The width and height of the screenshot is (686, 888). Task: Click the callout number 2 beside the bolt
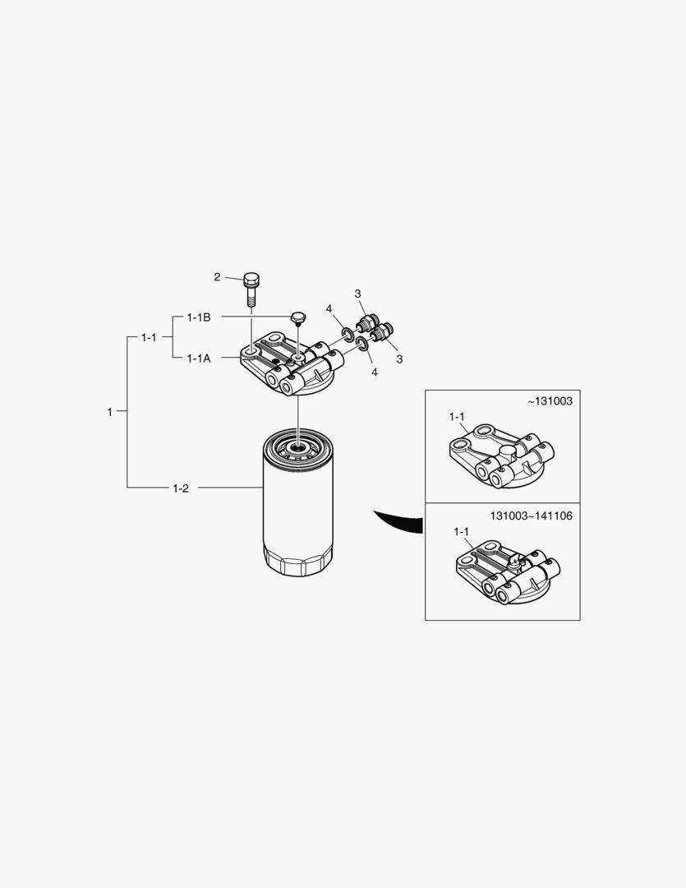(x=217, y=277)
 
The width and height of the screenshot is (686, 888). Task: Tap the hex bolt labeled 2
(x=251, y=289)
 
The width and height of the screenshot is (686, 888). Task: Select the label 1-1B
(x=199, y=317)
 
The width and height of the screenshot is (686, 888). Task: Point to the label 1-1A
(x=199, y=358)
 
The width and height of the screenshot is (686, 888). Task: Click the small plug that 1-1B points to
(x=297, y=318)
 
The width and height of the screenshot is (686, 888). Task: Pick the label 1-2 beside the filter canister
(x=181, y=488)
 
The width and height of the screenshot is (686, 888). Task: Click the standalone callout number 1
(x=110, y=412)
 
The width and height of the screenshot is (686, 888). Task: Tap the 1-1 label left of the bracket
(x=149, y=338)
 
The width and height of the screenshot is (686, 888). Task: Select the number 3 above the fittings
(x=357, y=294)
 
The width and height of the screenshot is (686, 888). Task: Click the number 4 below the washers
(x=375, y=372)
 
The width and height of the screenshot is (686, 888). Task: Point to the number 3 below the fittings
(x=399, y=359)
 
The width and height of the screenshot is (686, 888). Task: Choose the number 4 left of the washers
(x=329, y=308)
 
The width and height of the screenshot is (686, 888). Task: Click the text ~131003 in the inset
(x=550, y=401)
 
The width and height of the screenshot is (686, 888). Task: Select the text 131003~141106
(x=531, y=516)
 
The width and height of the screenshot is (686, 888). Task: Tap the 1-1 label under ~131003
(x=457, y=417)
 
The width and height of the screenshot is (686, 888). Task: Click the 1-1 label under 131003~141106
(x=461, y=532)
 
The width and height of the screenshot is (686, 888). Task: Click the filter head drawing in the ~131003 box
(x=501, y=456)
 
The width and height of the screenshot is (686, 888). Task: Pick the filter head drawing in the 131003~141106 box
(x=509, y=572)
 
